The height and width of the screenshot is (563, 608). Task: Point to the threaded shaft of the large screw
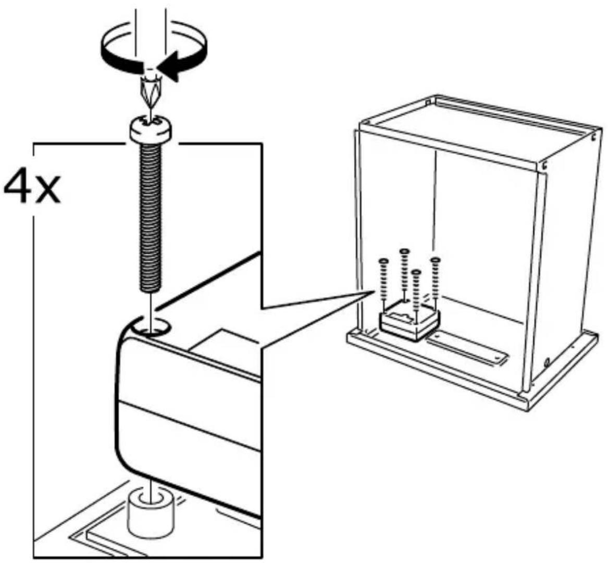150,217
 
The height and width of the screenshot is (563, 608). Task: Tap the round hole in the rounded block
151,326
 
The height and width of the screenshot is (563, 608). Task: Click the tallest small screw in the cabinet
404,271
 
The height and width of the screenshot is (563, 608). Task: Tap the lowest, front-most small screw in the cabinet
416,291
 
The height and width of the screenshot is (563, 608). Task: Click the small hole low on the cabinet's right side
546,362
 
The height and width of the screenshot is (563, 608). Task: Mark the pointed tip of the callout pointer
374,291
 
